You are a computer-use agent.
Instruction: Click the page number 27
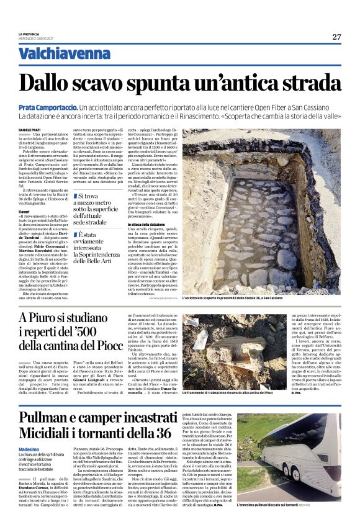click(336, 37)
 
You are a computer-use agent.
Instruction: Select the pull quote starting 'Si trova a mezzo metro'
click(97, 208)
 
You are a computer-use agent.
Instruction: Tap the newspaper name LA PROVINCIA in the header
click(29, 34)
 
